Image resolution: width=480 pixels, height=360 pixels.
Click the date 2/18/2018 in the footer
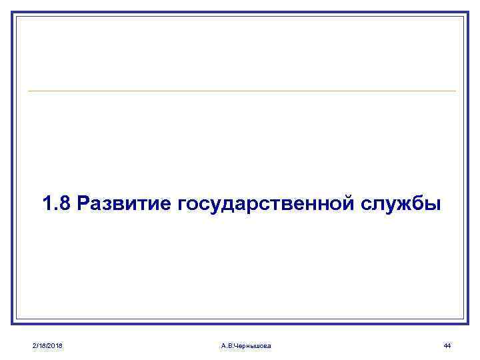[x=47, y=345]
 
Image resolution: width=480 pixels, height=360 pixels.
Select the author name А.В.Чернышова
[x=245, y=345]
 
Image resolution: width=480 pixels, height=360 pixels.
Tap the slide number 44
[x=447, y=345]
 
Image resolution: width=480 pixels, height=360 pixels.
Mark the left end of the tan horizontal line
[x=29, y=91]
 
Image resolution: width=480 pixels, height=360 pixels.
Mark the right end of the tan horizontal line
[x=456, y=91]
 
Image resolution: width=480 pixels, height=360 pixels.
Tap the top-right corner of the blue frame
[x=468, y=12]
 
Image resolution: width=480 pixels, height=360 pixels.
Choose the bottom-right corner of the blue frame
[x=468, y=325]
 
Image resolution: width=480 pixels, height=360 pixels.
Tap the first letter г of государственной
[x=182, y=204]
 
